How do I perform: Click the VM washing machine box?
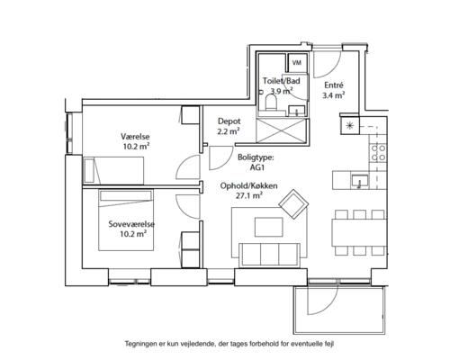[x=297, y=63]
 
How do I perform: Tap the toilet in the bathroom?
[x=272, y=102]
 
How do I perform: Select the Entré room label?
[x=334, y=85]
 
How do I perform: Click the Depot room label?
[x=229, y=121]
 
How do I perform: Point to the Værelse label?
[x=135, y=137]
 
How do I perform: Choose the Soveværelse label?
[x=131, y=224]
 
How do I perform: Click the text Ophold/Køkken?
[x=248, y=186]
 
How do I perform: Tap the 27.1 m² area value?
[x=249, y=196]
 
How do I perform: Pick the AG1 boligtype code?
[x=257, y=167]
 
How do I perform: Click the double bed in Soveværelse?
[x=126, y=220]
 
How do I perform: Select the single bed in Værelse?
[x=113, y=170]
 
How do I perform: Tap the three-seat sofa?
[x=269, y=255]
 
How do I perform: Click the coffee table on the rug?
[x=269, y=227]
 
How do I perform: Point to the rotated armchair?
[x=293, y=204]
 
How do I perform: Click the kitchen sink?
[x=360, y=181]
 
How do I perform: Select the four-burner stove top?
[x=378, y=152]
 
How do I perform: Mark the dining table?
[x=359, y=233]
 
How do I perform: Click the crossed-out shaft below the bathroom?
[x=283, y=130]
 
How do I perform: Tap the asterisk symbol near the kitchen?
[x=349, y=125]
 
